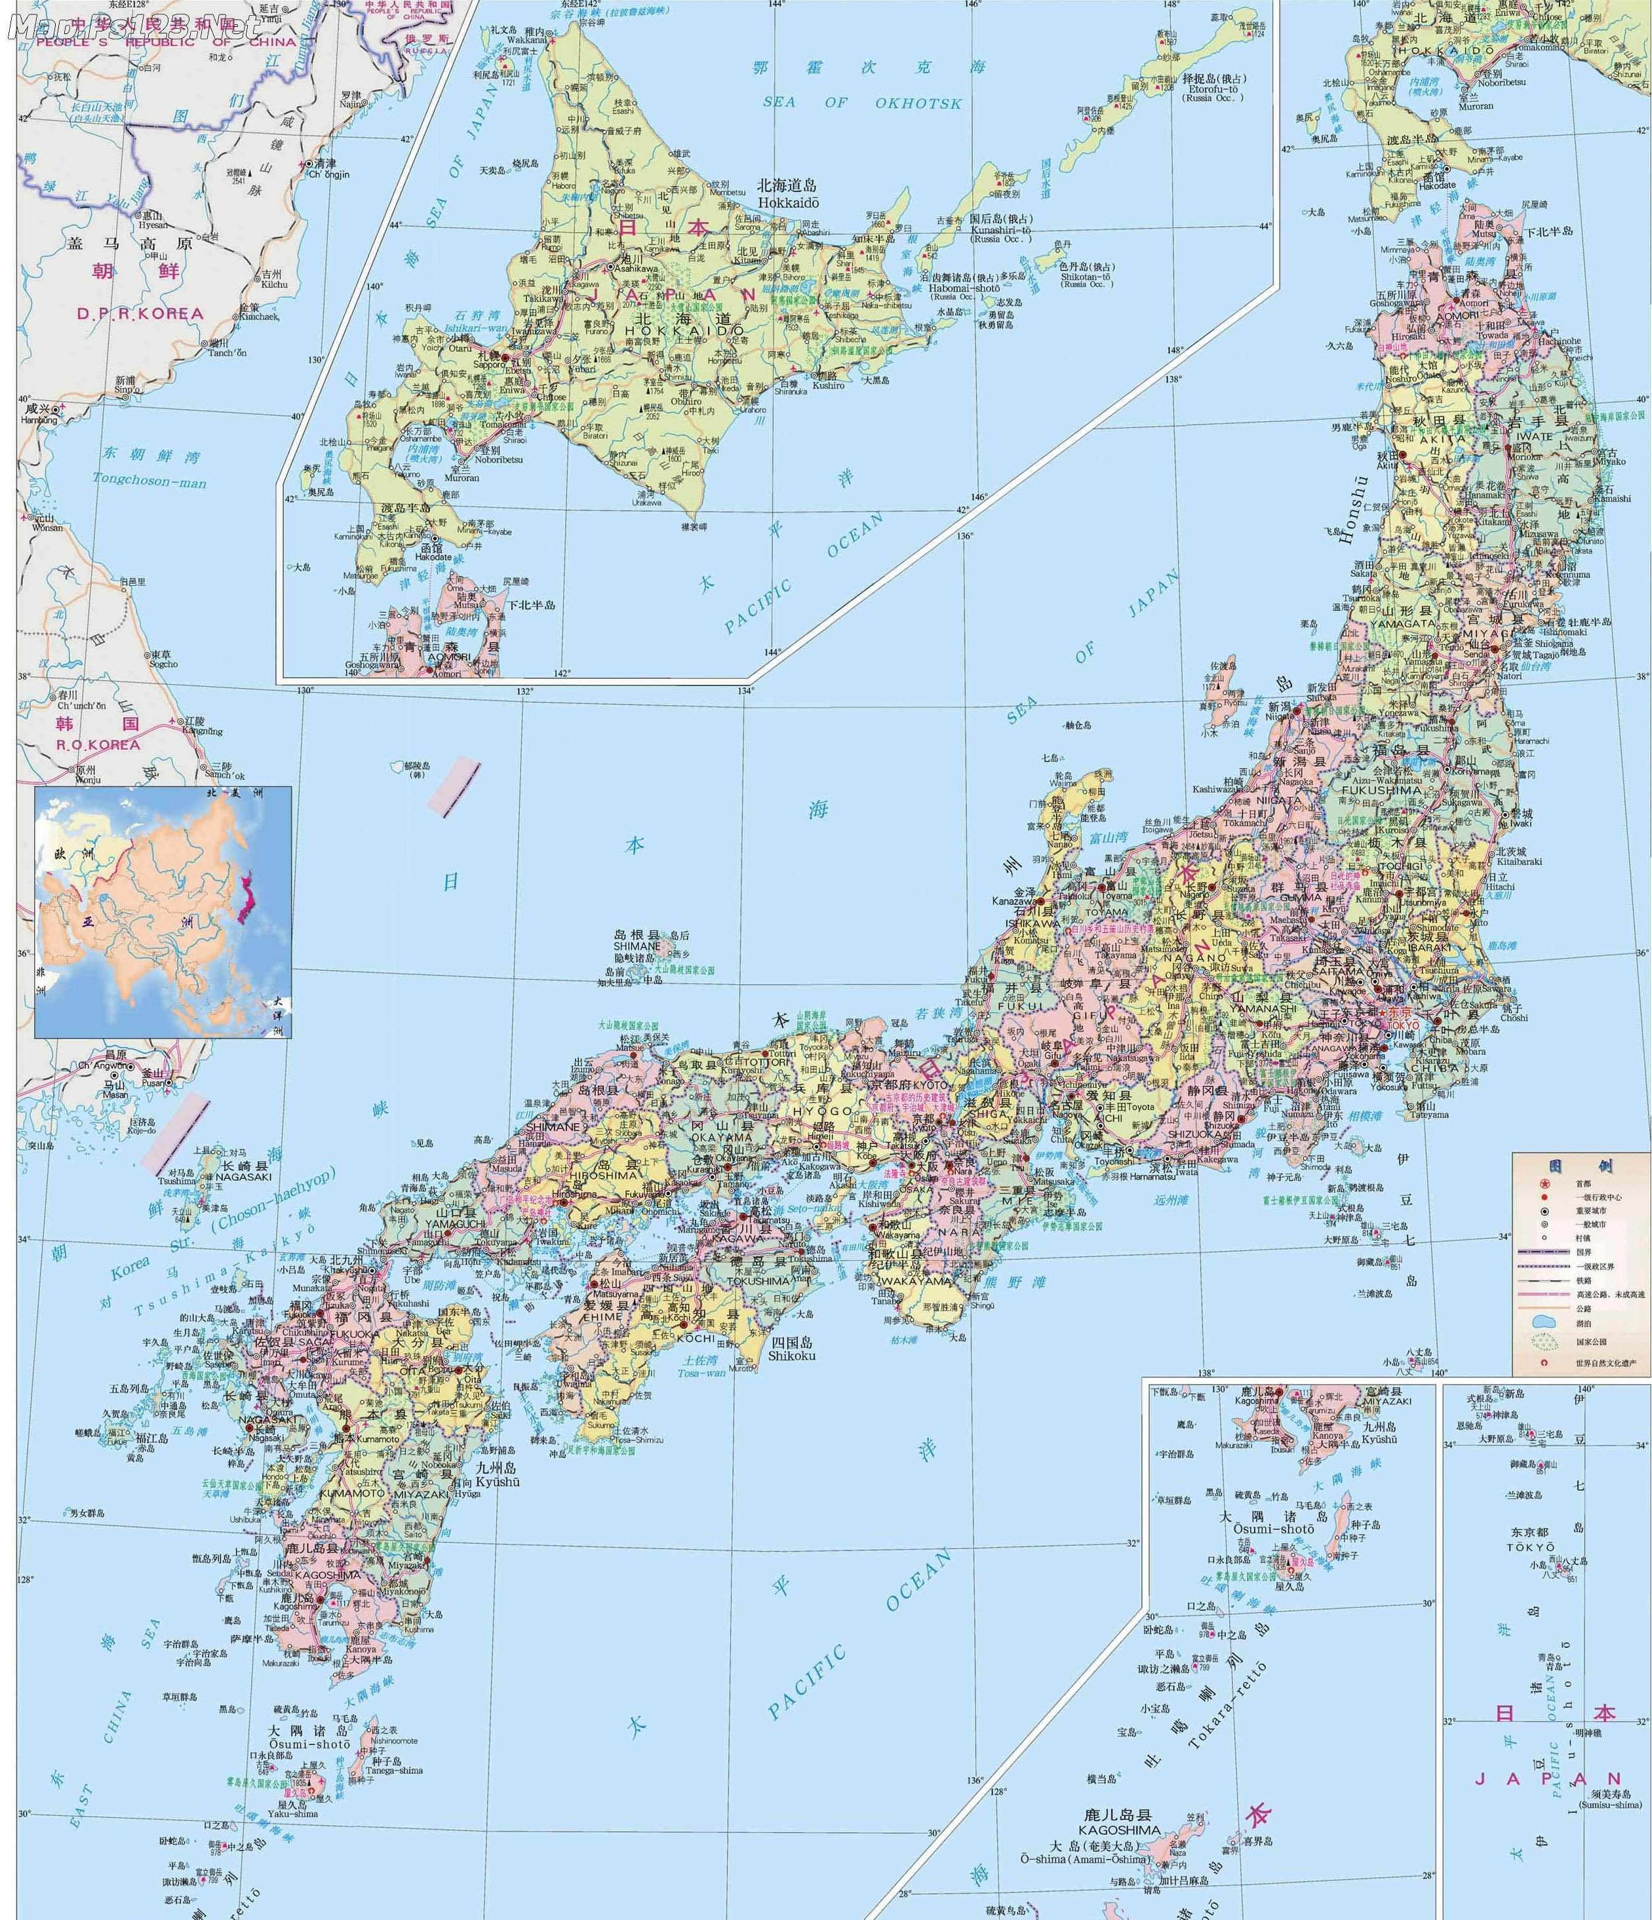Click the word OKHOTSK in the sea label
click(x=918, y=103)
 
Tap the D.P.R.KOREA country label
click(x=140, y=313)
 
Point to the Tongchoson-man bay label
click(x=148, y=481)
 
